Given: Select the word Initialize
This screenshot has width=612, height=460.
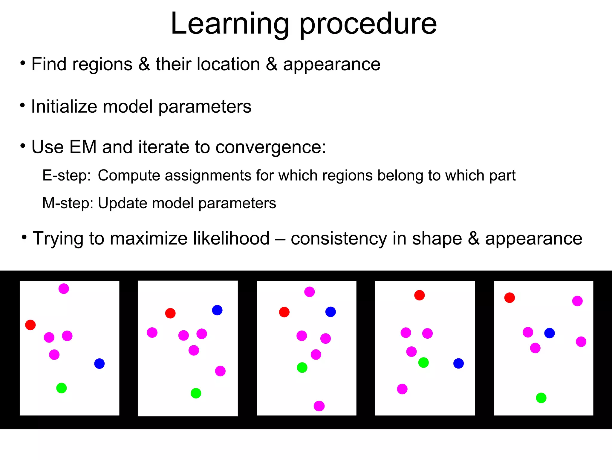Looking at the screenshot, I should [x=64, y=107].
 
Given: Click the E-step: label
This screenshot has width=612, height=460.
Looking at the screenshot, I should [x=66, y=175].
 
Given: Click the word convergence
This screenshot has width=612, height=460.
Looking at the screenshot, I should [x=270, y=147].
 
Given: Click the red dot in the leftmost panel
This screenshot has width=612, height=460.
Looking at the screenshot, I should [x=30, y=325].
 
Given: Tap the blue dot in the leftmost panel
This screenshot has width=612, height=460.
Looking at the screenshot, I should [x=100, y=364].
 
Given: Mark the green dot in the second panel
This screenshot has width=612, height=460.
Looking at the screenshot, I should [x=196, y=393].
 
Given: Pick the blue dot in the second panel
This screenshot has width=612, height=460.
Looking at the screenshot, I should [x=217, y=310].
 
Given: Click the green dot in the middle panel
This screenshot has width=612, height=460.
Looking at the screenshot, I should [x=302, y=368].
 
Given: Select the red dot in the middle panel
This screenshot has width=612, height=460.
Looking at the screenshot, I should [x=284, y=312].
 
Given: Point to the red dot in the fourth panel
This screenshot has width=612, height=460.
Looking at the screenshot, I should [x=420, y=295].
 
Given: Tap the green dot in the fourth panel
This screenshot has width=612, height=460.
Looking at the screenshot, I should [x=423, y=363].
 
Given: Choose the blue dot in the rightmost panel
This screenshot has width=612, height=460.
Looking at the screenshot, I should [x=550, y=333].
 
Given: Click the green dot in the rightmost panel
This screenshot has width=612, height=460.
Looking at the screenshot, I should [x=541, y=398].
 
